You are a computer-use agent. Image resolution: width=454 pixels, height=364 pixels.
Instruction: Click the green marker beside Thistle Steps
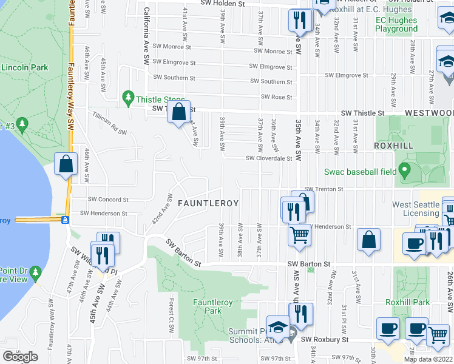tap(127, 97)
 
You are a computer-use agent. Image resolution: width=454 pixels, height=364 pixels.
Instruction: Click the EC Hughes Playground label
tap(396, 24)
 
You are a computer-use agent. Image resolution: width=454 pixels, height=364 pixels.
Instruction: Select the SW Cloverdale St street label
tap(269, 158)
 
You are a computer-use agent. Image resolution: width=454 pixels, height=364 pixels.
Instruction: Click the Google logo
tap(20, 357)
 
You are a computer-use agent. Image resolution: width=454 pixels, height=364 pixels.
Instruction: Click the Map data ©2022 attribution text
tap(428, 359)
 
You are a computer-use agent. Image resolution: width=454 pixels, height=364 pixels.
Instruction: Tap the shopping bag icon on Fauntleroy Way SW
tap(66, 164)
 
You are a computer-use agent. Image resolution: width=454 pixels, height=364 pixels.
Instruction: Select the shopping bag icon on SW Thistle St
tap(179, 112)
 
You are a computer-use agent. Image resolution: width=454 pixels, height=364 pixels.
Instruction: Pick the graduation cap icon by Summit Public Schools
tap(278, 326)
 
